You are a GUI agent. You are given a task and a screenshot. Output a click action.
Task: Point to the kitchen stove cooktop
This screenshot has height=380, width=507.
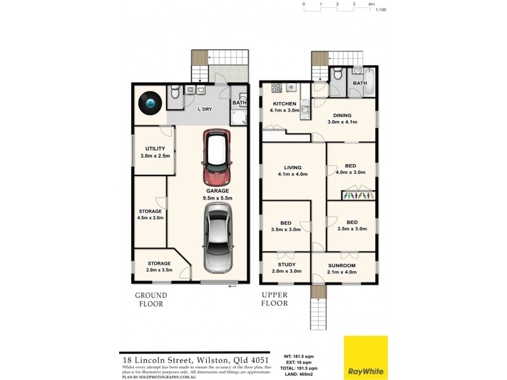[277, 87]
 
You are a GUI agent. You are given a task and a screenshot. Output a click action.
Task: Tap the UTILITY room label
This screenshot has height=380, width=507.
[155, 149]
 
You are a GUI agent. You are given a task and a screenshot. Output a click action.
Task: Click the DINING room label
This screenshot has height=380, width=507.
[342, 115]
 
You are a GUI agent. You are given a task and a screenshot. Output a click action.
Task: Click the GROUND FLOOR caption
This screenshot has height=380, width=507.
[151, 300]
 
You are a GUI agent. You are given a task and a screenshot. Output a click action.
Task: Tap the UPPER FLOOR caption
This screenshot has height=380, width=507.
[274, 300]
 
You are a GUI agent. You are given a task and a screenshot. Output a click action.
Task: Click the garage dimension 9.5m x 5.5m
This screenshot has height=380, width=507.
[217, 198]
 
